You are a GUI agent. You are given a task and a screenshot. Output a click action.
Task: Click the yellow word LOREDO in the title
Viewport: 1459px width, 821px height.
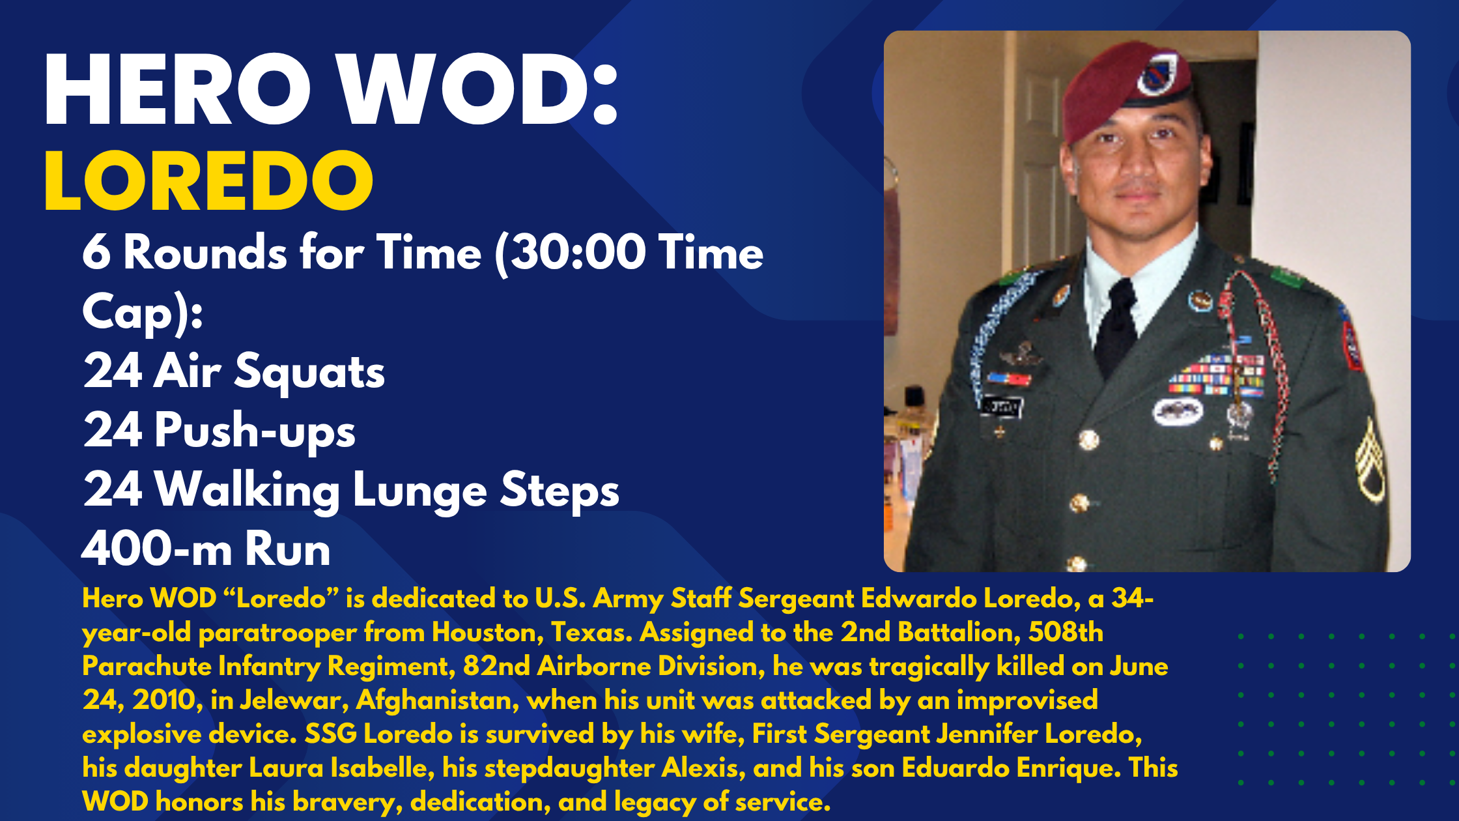point(208,181)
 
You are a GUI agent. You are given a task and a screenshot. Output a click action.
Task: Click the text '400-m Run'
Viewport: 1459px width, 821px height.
point(206,549)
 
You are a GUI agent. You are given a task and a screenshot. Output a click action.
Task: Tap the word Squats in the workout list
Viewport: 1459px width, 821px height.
point(309,371)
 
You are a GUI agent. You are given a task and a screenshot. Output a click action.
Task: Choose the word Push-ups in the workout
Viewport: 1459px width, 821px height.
point(255,431)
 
